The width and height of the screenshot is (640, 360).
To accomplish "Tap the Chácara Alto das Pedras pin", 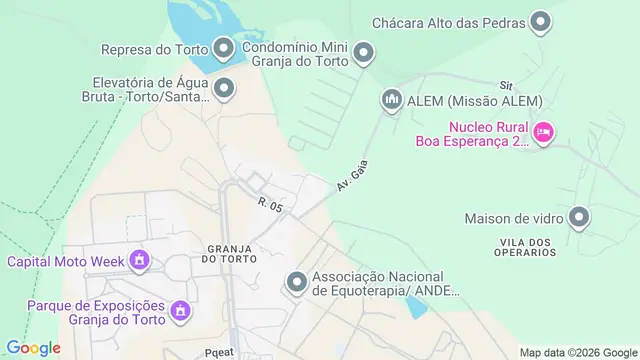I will coord(541,21).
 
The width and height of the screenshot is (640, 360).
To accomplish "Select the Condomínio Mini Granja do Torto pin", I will coord(364,52).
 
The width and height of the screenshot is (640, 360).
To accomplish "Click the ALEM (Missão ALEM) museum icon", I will coord(391,100).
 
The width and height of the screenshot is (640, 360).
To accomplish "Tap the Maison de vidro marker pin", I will coord(579,217).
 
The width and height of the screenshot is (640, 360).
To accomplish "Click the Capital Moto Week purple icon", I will coord(139,262).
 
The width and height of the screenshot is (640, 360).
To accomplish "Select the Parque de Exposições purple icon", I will coord(181,311).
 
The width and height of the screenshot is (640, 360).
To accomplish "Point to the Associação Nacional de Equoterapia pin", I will coord(296,283).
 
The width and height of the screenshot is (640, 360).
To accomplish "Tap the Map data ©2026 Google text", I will coord(578,352).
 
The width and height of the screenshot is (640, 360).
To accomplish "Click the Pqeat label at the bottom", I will coord(219,352).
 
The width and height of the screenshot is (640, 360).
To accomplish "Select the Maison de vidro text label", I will coord(510,218).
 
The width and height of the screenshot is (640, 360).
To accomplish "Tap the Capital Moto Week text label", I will coord(66,262).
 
